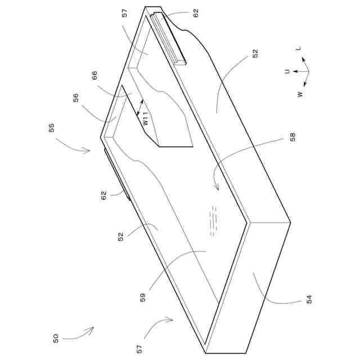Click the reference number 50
point(55,338)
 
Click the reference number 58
point(291,137)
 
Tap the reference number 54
point(308,299)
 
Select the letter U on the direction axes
point(287,71)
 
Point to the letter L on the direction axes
point(299,49)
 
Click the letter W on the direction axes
point(300,94)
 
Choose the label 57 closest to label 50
point(139,348)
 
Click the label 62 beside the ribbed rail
point(196,13)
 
